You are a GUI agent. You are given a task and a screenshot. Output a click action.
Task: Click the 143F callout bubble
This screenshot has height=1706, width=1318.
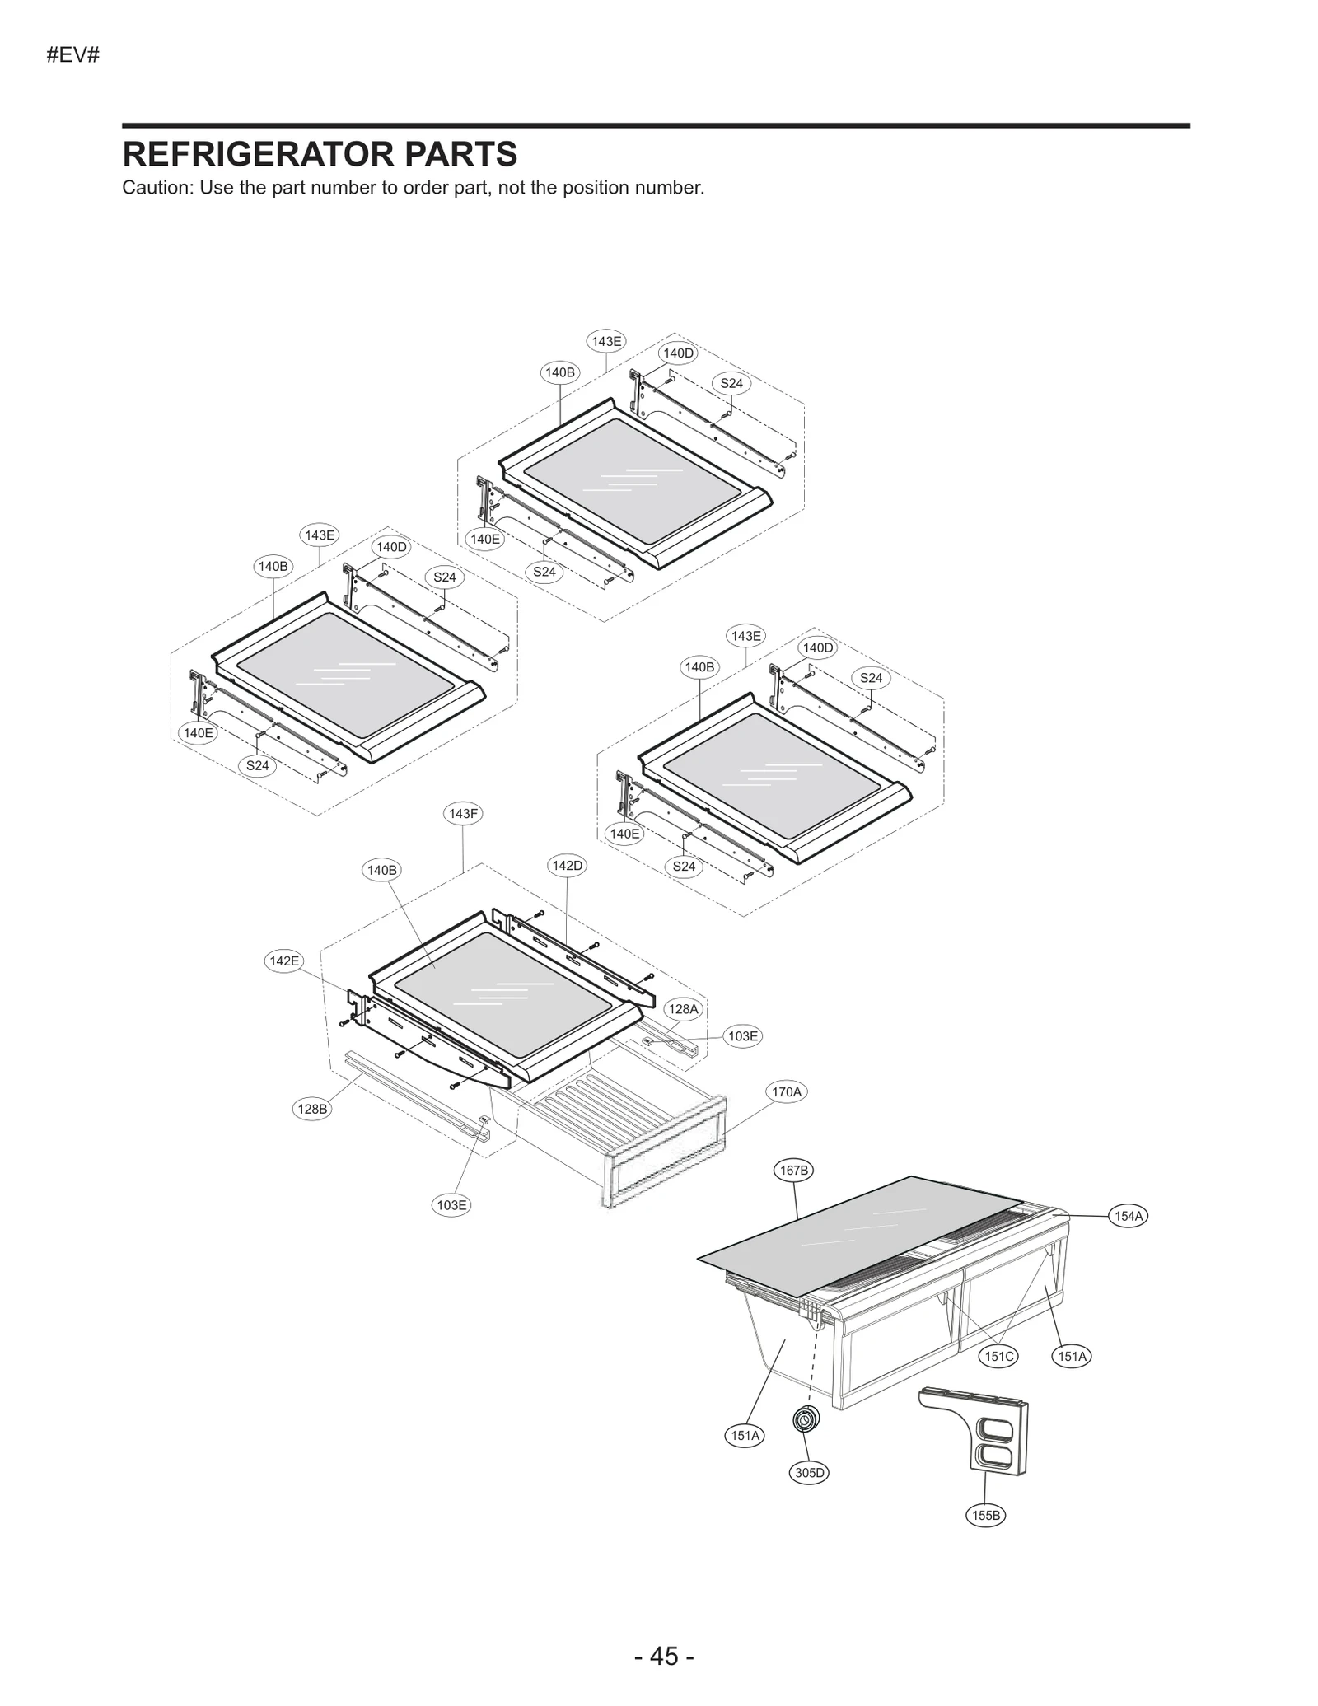(463, 814)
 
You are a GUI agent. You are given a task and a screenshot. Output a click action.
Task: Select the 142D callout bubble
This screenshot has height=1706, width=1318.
(567, 866)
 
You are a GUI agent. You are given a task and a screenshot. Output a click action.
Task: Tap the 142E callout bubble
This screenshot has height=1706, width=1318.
(284, 961)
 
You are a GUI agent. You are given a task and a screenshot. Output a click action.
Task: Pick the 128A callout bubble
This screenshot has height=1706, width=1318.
(683, 1009)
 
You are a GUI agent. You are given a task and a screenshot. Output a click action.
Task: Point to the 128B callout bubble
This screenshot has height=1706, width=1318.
(312, 1109)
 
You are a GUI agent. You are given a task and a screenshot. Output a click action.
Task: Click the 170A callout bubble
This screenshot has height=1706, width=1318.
(786, 1092)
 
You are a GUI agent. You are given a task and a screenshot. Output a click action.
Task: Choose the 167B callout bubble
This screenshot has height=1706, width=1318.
(794, 1170)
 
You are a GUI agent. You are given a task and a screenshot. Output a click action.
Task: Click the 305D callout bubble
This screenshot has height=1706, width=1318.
(809, 1473)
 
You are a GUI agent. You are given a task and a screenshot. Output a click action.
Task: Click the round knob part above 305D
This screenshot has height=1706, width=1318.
(805, 1420)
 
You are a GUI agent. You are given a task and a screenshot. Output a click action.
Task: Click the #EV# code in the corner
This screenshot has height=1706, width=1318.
(73, 56)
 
